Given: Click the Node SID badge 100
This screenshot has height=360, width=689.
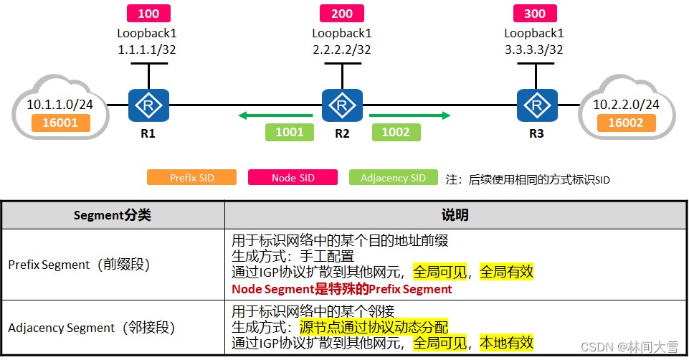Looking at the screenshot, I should coord(148,14).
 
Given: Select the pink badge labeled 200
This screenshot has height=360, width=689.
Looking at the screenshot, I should coord(342,14).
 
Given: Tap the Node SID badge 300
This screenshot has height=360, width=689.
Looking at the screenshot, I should coord(535,14).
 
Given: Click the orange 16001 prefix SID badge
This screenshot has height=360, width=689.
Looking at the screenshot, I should coord(61,123).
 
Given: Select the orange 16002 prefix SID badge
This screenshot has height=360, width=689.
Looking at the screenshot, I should coord(626,123).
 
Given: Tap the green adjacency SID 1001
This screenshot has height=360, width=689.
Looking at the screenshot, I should coord(289,132).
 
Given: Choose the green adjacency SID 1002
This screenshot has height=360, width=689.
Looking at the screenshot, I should coord(396,132).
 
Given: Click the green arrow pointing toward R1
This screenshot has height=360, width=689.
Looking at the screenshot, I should coord(276,115).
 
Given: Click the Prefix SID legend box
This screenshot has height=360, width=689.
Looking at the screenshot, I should coord(191,178).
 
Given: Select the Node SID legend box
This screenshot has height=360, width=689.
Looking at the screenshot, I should coord(293,178).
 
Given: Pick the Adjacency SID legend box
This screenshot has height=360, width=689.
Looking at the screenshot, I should coord(393,178).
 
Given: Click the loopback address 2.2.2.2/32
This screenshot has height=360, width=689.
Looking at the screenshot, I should coord(341,49).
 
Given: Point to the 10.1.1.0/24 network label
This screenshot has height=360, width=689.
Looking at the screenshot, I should coord(60,105).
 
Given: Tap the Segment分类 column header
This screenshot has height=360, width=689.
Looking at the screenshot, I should coord(113,215).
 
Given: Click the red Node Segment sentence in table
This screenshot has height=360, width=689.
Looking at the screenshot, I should coord(342,289).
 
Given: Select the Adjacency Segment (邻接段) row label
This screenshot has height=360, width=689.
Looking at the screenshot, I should coord(91,328).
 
